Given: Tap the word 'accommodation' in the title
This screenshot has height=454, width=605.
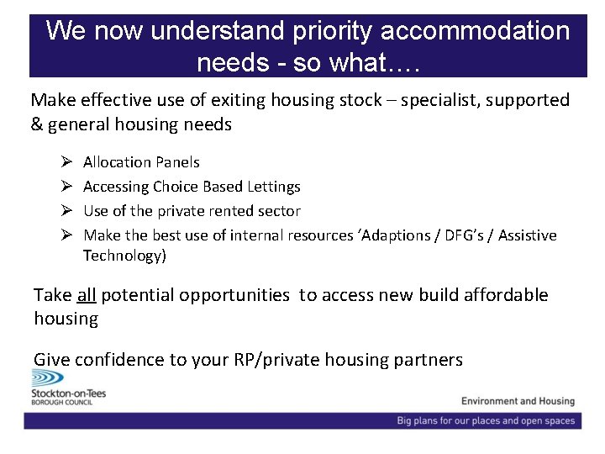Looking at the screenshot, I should (475, 32).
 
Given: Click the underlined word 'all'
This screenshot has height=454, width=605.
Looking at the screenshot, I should (87, 295).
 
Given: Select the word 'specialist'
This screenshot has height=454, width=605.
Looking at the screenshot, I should (437, 101).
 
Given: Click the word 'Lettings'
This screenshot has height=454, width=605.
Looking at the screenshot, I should (273, 187).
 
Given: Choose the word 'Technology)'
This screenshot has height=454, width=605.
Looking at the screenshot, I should (124, 256).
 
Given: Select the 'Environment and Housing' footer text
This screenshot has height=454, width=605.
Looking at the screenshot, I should (518, 401).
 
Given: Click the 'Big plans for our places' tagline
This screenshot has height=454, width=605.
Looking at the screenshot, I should (487, 420).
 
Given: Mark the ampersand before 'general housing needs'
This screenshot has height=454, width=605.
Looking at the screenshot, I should (37, 124).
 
